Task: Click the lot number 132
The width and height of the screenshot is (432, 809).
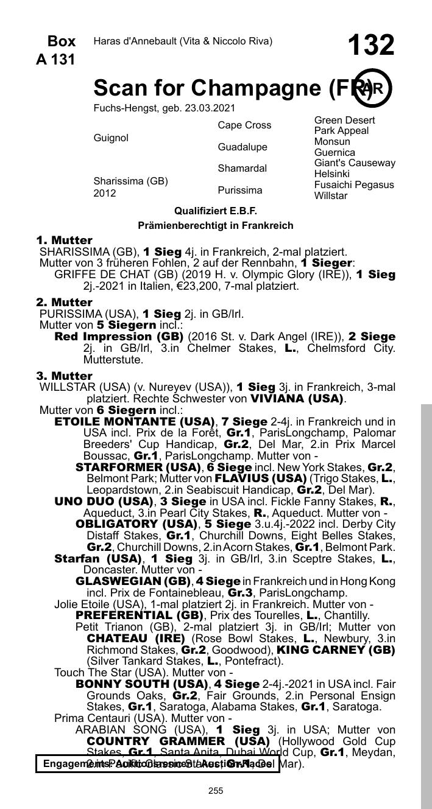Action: (x=370, y=46)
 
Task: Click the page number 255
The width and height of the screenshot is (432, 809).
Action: (x=216, y=791)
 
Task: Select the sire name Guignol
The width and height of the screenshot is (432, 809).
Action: (x=111, y=138)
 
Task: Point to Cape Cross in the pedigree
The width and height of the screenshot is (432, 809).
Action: (x=244, y=125)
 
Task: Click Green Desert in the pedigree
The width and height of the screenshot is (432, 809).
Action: (x=344, y=121)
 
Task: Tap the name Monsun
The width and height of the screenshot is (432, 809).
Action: (x=332, y=142)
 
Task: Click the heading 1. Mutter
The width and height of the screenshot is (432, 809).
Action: (x=65, y=240)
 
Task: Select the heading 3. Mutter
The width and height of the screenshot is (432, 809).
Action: (x=65, y=376)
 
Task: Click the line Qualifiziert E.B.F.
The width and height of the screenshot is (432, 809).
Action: (x=216, y=211)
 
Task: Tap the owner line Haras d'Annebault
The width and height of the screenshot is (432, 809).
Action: (x=183, y=41)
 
